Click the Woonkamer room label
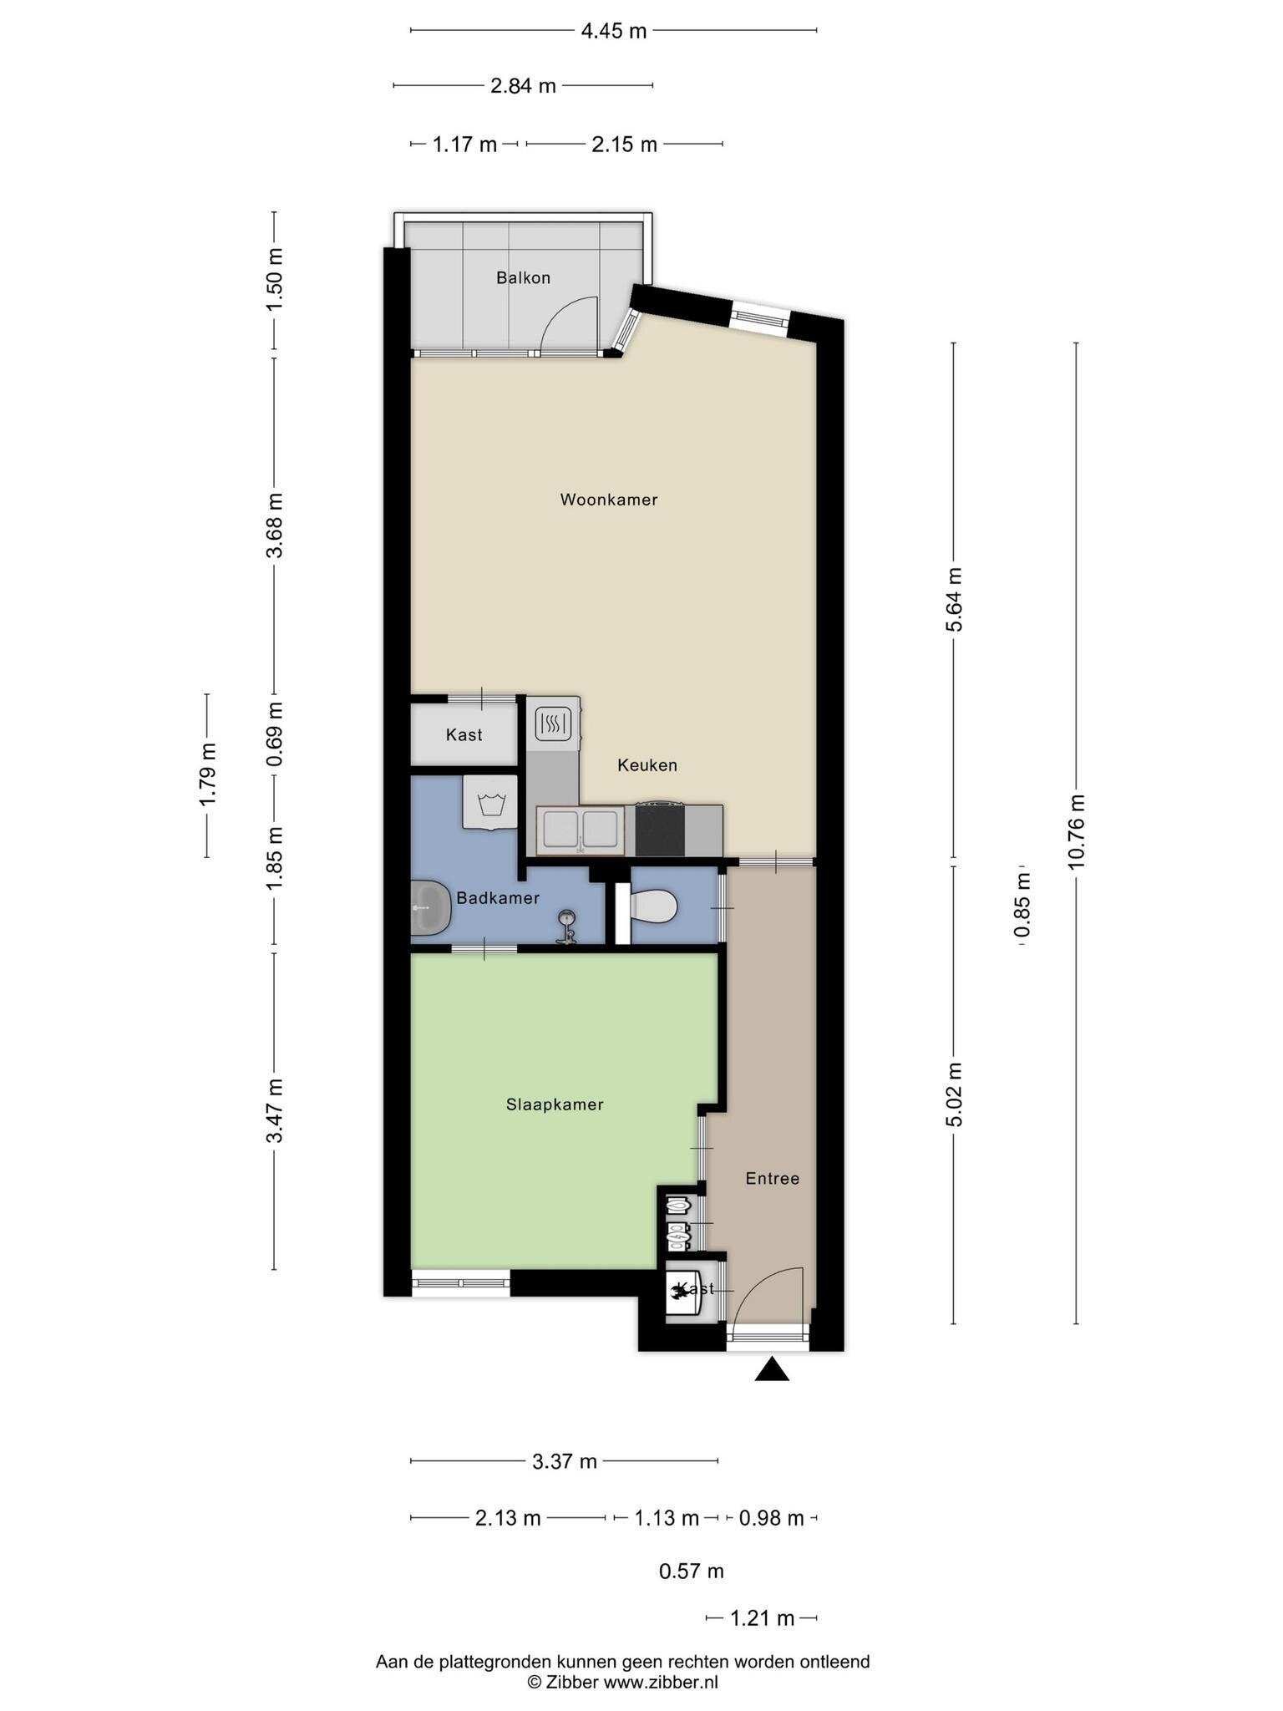tap(608, 500)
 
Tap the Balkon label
tap(523, 277)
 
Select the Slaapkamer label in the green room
tap(555, 1104)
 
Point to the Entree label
tap(773, 1178)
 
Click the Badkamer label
tap(498, 898)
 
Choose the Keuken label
tap(647, 764)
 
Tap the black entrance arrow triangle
tap(772, 1369)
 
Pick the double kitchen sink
tap(580, 830)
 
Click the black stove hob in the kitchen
tap(660, 830)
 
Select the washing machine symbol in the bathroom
tap(490, 802)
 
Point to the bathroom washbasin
tap(431, 907)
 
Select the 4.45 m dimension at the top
tap(614, 32)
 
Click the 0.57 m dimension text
tap(692, 1571)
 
